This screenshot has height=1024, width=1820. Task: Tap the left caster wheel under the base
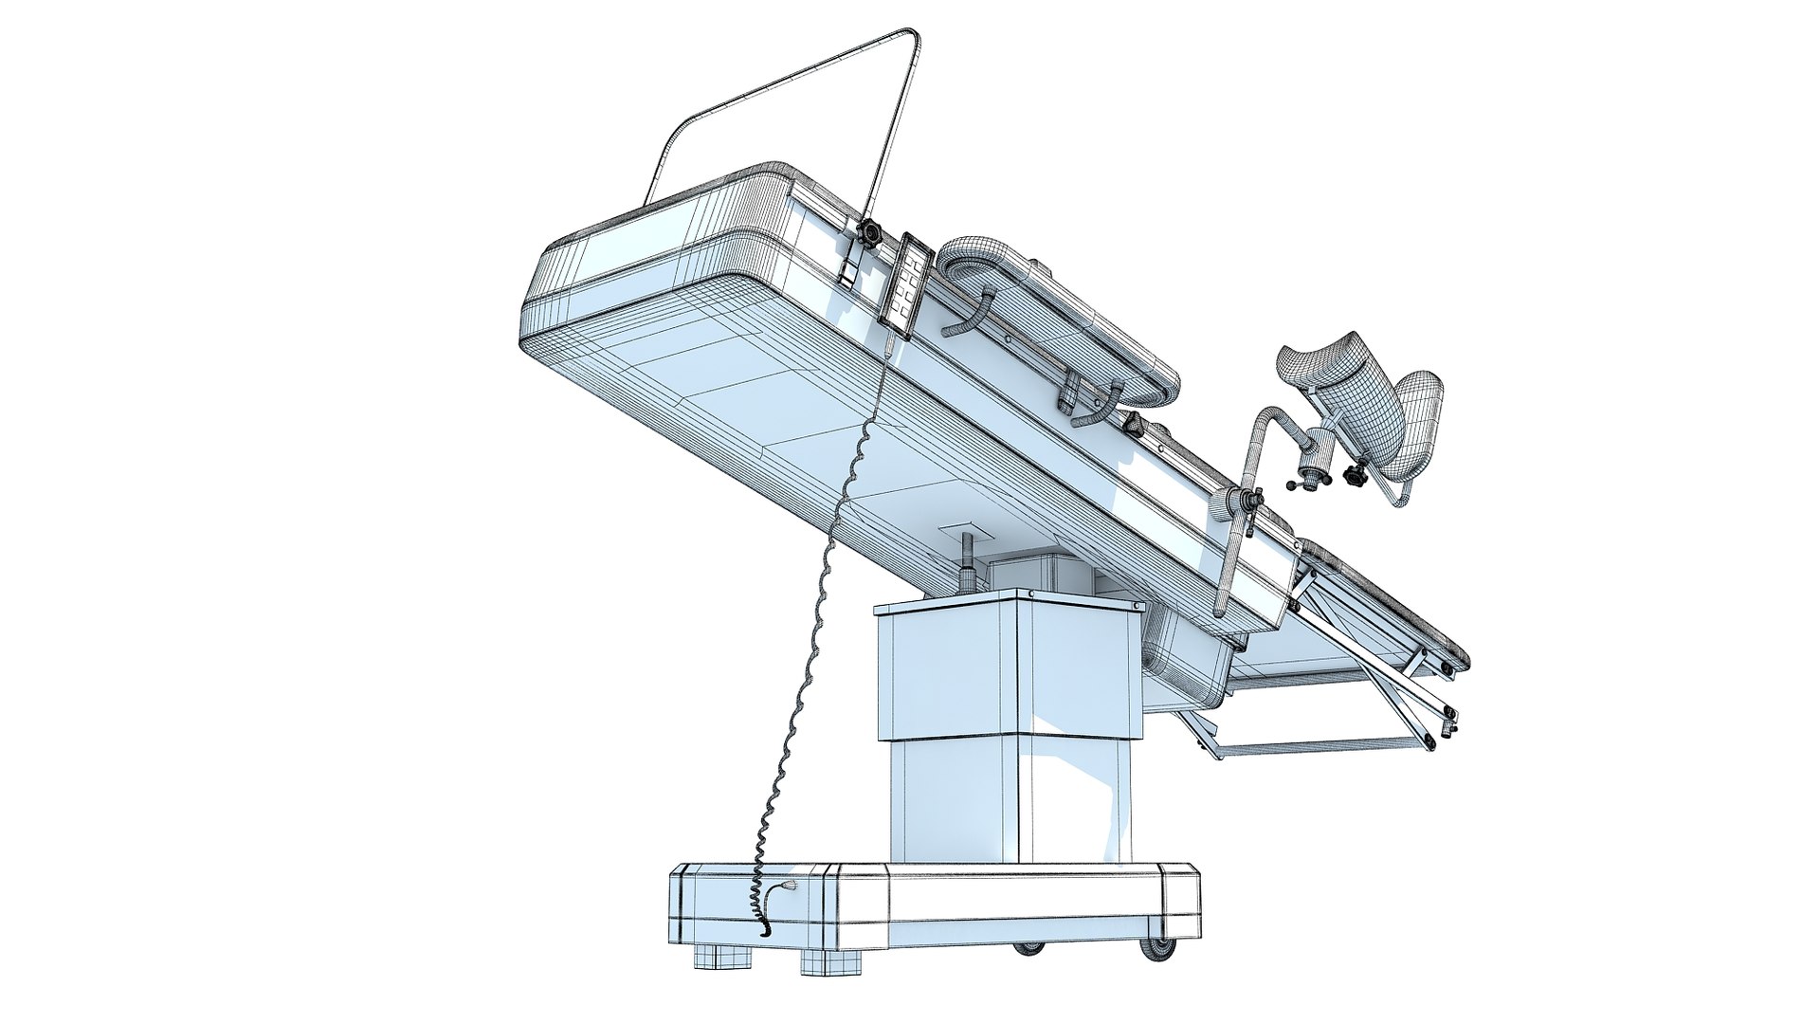(x=1027, y=947)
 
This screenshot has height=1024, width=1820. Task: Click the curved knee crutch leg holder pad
(x=1327, y=365)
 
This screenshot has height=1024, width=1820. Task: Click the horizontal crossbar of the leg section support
(x=1318, y=747)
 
